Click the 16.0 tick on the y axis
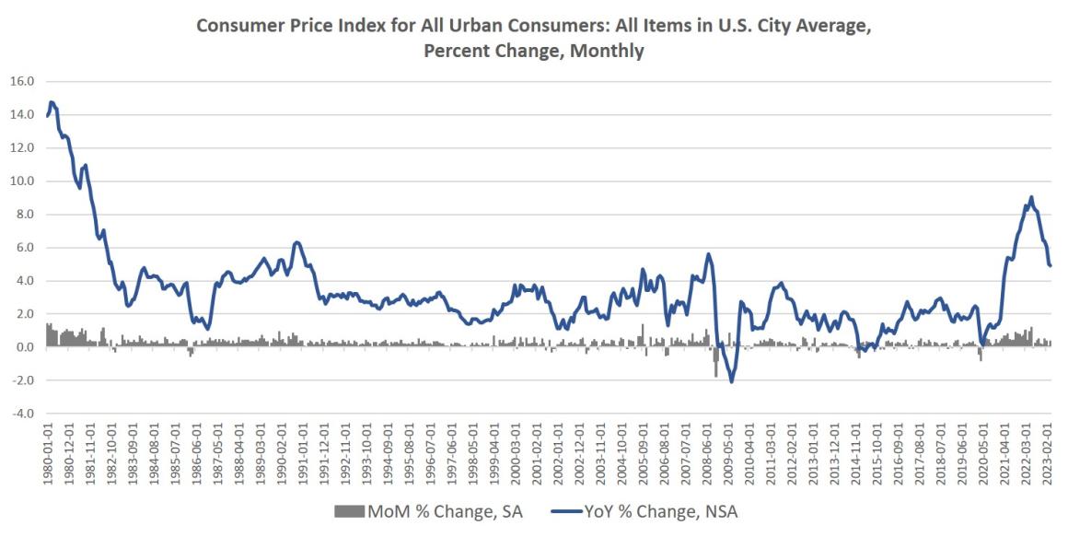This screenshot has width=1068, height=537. point(21,81)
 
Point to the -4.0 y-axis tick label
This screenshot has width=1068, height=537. point(21,414)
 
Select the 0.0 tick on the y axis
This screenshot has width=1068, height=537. point(23,347)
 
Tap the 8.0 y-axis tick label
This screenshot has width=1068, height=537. point(23,215)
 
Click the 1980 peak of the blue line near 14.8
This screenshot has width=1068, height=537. point(52,102)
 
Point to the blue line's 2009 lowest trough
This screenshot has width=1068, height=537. point(732,381)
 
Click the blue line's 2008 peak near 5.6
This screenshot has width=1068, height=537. point(708,254)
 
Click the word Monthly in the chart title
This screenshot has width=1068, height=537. point(606,51)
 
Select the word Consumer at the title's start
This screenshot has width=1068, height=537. point(237,28)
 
